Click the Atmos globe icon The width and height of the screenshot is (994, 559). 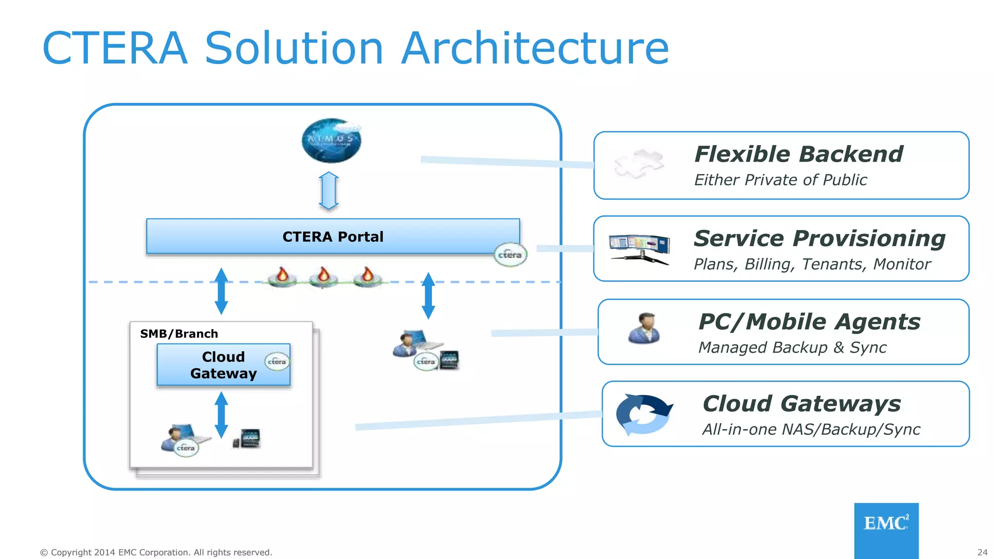[x=331, y=140]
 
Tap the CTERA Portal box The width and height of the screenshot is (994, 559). [x=333, y=236]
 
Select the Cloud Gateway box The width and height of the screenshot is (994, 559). [x=223, y=365]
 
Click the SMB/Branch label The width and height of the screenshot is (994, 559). [x=179, y=334]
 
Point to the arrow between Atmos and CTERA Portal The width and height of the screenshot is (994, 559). [x=329, y=191]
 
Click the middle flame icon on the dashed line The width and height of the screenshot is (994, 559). [x=323, y=277]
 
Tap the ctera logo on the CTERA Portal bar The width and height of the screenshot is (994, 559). [x=510, y=254]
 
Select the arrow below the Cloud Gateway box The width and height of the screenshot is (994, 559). [x=221, y=415]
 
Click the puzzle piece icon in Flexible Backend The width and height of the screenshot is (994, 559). [x=639, y=164]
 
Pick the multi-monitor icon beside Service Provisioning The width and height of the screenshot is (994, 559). [x=639, y=249]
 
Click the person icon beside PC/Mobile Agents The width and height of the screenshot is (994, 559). [x=644, y=329]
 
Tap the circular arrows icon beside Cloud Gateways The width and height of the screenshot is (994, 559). [x=643, y=414]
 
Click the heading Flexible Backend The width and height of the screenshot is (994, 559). [x=798, y=154]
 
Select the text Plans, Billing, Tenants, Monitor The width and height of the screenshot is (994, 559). [x=812, y=264]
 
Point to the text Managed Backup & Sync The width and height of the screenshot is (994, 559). [x=792, y=348]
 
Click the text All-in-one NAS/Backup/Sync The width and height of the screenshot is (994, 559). [x=811, y=429]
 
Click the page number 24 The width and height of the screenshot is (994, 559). [x=982, y=552]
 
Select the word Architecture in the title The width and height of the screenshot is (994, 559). [x=535, y=48]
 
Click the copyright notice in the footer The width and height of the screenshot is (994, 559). [x=156, y=552]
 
